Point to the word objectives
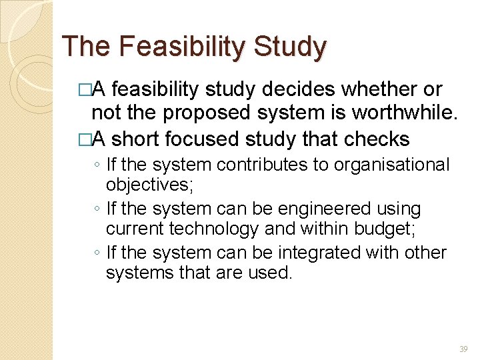pos(149,185)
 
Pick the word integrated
pos(311,253)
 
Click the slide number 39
pos(463,349)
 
